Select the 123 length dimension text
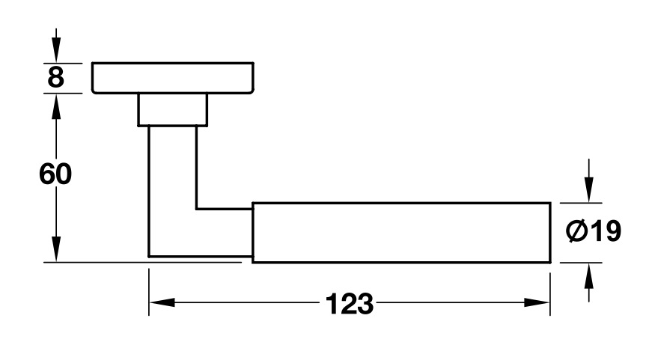[349, 304]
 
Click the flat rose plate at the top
[173, 78]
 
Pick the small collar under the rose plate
[172, 109]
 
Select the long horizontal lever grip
[400, 232]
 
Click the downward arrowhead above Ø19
[590, 192]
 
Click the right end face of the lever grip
[550, 232]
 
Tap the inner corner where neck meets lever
[197, 208]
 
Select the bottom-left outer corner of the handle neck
[150, 257]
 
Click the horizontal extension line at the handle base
[97, 262]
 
